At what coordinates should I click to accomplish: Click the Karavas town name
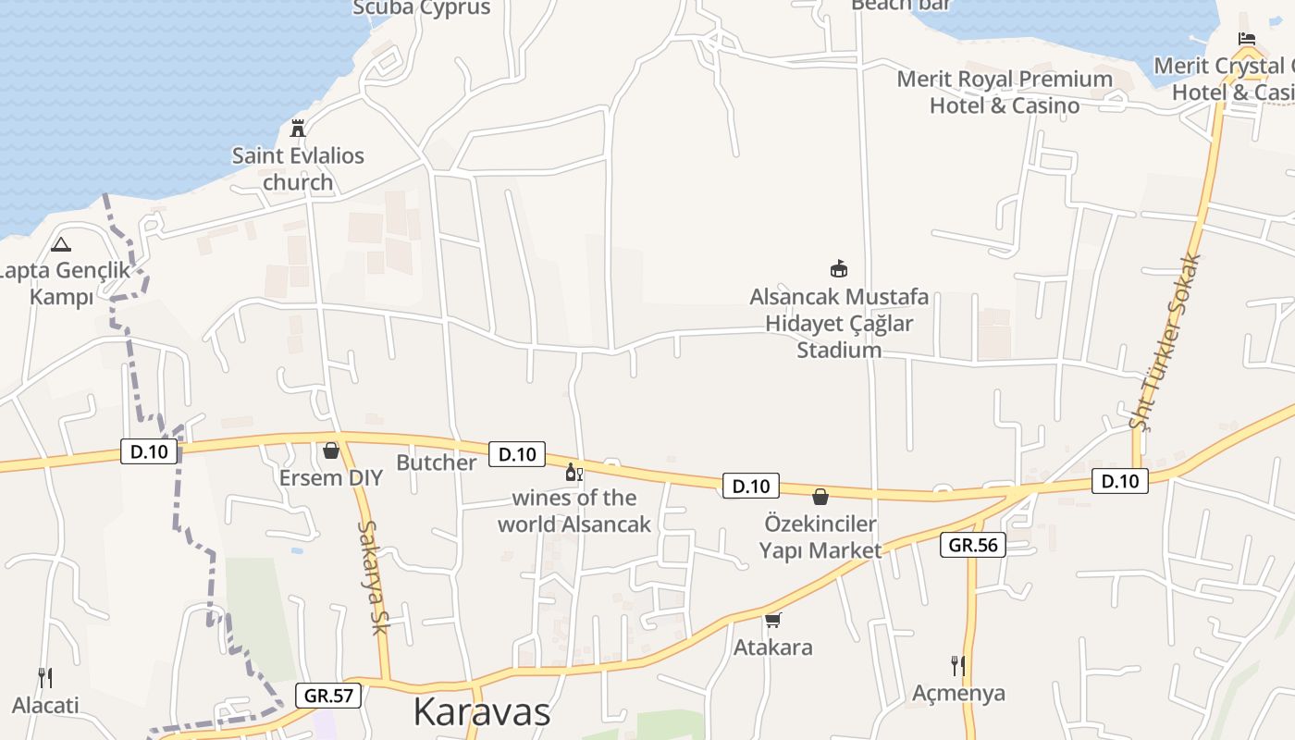point(481,711)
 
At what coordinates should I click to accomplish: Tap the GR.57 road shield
point(328,695)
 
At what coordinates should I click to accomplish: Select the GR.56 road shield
point(973,545)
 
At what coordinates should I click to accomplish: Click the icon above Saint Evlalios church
point(298,128)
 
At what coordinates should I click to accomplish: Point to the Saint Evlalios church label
point(298,168)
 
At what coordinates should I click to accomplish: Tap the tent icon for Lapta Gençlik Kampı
point(61,244)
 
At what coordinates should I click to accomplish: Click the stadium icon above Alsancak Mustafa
point(839,269)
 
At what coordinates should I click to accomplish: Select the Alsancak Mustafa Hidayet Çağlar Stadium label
point(839,324)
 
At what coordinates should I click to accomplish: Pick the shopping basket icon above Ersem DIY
point(330,450)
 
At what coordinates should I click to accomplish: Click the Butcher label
point(436,462)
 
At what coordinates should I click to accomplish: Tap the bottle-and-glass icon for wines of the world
point(574,473)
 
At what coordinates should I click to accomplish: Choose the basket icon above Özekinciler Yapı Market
point(820,497)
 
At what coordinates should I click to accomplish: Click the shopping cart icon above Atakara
point(773,620)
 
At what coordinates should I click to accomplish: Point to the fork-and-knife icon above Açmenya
point(958,665)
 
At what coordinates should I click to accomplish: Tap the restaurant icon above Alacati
point(44,677)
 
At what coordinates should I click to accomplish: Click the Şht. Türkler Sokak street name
point(1165,341)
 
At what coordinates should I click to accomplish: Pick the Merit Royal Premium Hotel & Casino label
point(1005,92)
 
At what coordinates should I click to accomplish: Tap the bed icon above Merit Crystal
point(1247,39)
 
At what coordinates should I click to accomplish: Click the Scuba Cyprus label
point(422,8)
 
